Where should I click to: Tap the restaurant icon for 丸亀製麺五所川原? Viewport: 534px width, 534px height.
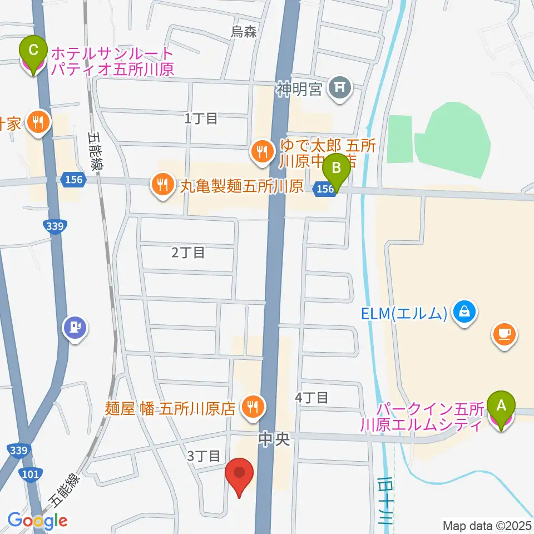pyautogui.click(x=162, y=185)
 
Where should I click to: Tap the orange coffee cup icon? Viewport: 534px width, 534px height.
pyautogui.click(x=505, y=334)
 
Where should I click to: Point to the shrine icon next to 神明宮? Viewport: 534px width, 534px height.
pyautogui.click(x=340, y=87)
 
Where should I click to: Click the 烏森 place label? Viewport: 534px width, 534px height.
pyautogui.click(x=244, y=32)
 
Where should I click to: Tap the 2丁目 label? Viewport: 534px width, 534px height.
pyautogui.click(x=189, y=253)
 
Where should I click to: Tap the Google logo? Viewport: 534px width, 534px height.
pyautogui.click(x=38, y=520)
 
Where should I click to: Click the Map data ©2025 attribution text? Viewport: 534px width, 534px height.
pyautogui.click(x=487, y=525)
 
